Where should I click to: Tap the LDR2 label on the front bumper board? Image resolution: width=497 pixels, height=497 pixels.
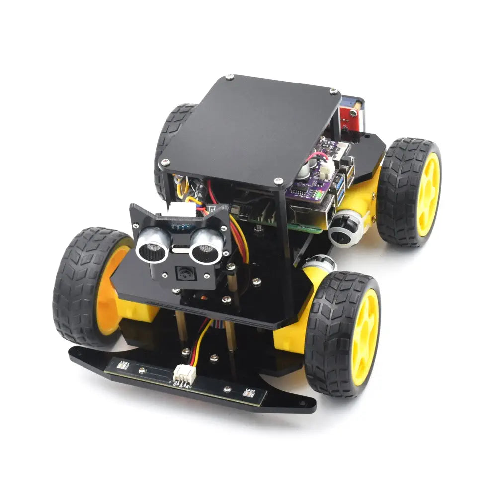[249, 392]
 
